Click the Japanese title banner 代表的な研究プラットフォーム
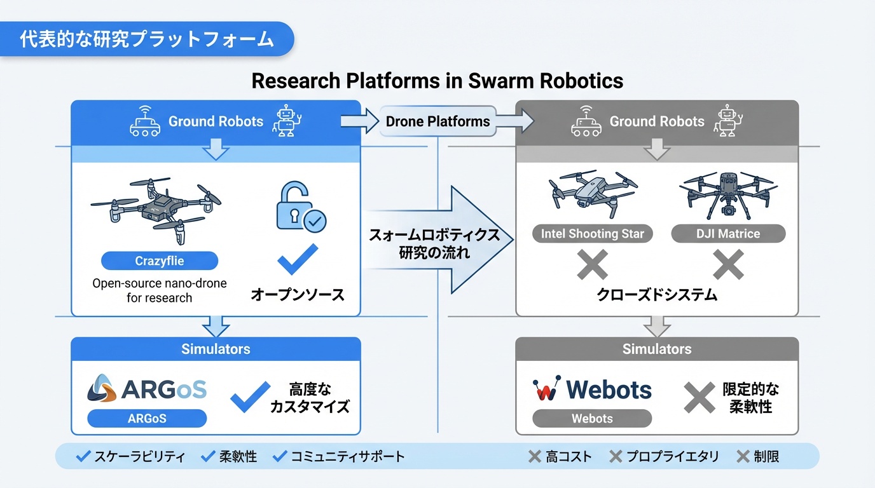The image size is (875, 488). [x=147, y=39]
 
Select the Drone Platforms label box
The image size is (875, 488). [x=437, y=121]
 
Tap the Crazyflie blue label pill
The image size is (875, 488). [x=160, y=261]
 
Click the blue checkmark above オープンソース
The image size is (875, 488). [x=298, y=259]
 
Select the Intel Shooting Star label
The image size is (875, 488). [x=592, y=234]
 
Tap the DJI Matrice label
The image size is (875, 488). [x=728, y=234]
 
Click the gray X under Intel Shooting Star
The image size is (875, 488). [x=592, y=264]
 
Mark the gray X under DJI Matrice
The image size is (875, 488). [x=728, y=264]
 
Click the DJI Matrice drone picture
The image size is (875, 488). [x=728, y=194]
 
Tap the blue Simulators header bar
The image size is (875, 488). [x=216, y=349]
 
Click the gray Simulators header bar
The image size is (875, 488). [x=656, y=349]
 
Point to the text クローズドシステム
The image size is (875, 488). [x=656, y=295]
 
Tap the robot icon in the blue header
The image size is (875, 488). [x=286, y=121]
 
